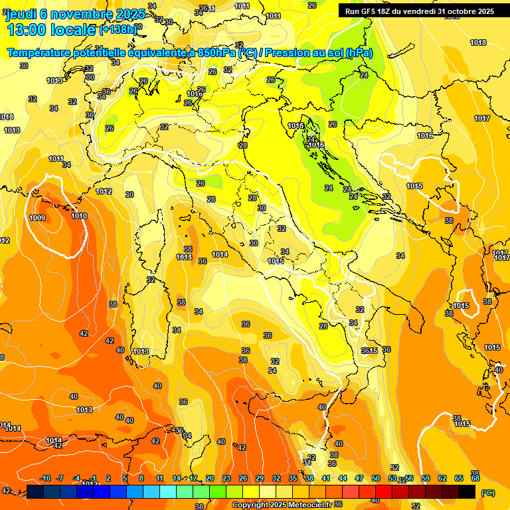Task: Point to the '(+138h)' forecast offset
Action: [x=118, y=30]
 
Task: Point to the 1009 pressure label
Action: [x=38, y=218]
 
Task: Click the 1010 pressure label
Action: [x=79, y=216]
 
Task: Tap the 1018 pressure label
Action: [x=477, y=42]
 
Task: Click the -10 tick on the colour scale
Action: [x=45, y=478]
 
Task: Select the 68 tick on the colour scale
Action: [x=475, y=478]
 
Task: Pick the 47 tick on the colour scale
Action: [x=359, y=478]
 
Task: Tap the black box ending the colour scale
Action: [x=467, y=491]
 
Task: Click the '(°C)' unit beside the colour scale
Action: [x=488, y=492]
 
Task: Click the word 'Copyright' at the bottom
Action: [x=251, y=505]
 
